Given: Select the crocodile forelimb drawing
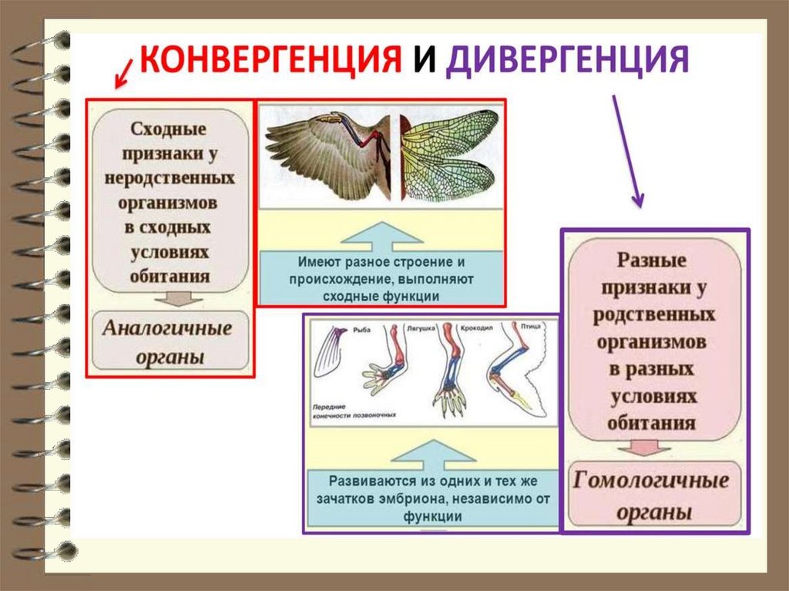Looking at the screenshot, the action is coord(450,370).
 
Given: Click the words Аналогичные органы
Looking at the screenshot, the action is coord(168,341).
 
